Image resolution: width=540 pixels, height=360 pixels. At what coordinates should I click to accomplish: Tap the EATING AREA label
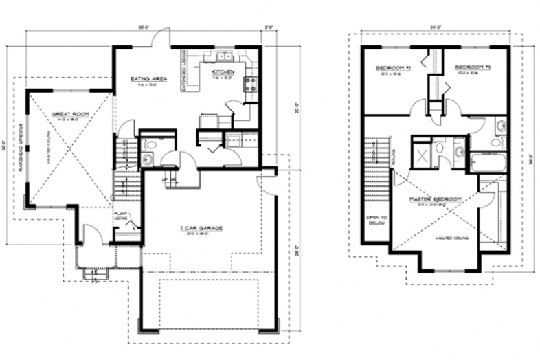click(x=148, y=78)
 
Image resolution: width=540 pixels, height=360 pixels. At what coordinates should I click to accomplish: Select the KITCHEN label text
click(x=223, y=71)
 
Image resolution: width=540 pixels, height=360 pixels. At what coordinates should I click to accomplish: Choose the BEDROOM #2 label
click(x=392, y=68)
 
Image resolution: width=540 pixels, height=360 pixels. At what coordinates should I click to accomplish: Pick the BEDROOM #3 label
click(x=472, y=67)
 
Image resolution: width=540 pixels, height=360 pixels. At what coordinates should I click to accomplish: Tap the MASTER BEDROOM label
click(x=434, y=199)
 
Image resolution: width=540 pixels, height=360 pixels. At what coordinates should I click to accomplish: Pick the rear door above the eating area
click(x=160, y=41)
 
